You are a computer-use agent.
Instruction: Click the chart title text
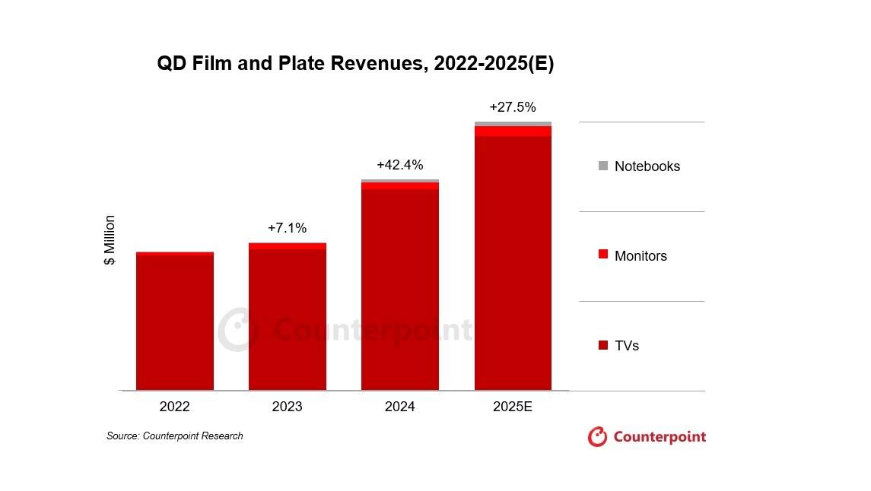[x=355, y=64]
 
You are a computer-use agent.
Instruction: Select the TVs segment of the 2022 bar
[x=175, y=322]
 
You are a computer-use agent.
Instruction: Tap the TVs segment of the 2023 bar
[x=288, y=319]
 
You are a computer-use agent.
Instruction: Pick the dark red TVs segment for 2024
[x=400, y=290]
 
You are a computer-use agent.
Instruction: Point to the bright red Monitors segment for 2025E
[x=513, y=131]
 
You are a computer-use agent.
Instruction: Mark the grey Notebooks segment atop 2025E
[x=513, y=124]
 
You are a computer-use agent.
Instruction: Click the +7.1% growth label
[x=288, y=228]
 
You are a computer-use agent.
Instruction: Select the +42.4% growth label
[x=400, y=165]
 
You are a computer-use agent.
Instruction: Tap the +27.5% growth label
[x=513, y=107]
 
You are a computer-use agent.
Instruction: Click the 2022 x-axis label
[x=175, y=407]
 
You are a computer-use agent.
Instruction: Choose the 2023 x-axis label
[x=288, y=407]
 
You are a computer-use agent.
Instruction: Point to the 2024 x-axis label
[x=400, y=407]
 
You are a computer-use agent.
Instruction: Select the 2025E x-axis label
[x=513, y=407]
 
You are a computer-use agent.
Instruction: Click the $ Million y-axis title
[x=110, y=240]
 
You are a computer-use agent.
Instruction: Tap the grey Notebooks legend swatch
[x=603, y=166]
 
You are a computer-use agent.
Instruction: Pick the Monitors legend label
[x=641, y=256]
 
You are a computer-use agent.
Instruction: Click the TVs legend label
[x=627, y=346]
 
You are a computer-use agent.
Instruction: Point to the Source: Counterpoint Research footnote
[x=175, y=436]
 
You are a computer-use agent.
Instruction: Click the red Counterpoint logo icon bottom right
[x=598, y=437]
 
